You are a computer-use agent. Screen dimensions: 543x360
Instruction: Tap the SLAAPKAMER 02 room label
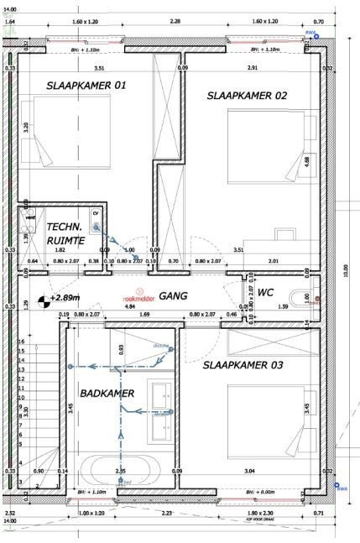tap(247, 97)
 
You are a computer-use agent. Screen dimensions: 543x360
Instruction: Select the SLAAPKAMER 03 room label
tap(243, 365)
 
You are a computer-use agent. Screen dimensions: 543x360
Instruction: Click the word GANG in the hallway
tap(173, 296)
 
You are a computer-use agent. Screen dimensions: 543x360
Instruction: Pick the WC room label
tap(265, 293)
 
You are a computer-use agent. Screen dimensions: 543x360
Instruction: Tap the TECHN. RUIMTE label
tap(65, 234)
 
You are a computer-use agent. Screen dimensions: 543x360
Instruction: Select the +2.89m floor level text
tap(64, 298)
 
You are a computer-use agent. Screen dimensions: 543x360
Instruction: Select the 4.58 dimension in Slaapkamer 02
tap(308, 161)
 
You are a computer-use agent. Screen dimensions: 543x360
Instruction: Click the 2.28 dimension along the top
tap(175, 21)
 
